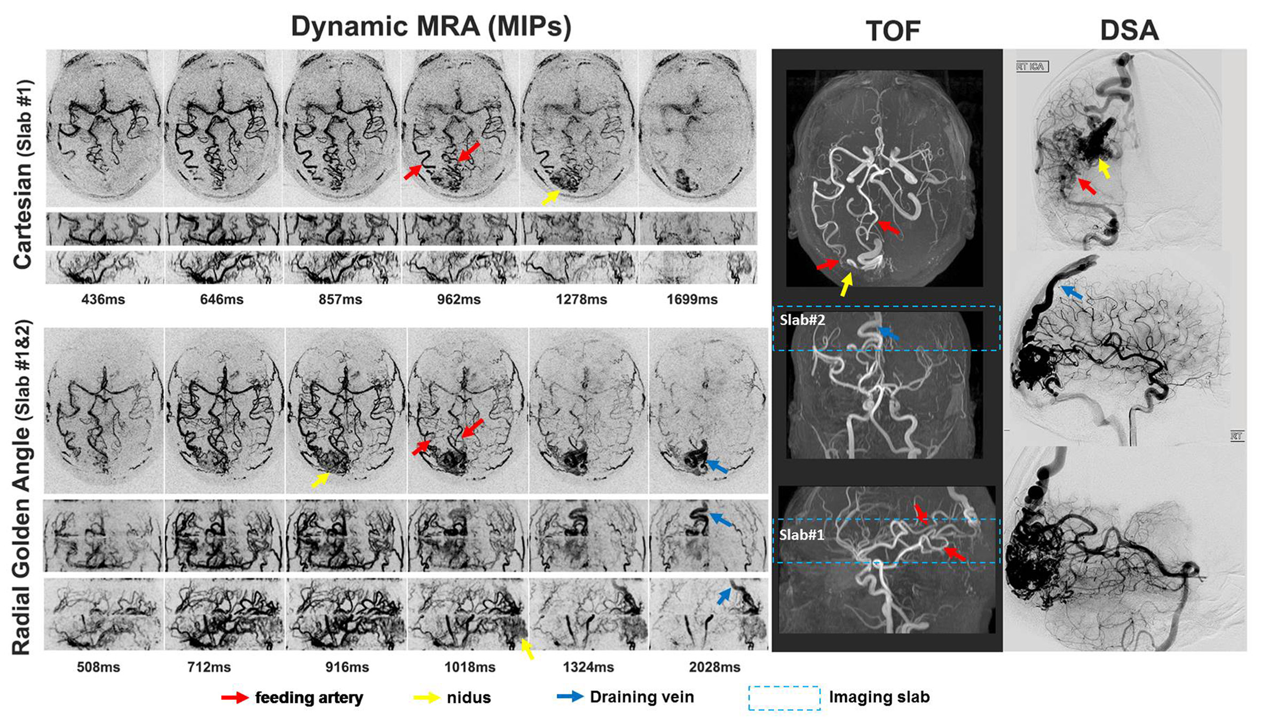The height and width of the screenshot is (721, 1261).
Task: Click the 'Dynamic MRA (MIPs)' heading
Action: pyautogui.click(x=431, y=27)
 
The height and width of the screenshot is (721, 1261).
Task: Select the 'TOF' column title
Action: pyautogui.click(x=893, y=31)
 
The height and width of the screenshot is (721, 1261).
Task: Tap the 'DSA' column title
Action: pyautogui.click(x=1129, y=31)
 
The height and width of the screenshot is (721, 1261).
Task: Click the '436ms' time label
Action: pyautogui.click(x=103, y=299)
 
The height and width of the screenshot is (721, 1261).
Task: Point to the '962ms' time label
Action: pyautogui.click(x=459, y=299)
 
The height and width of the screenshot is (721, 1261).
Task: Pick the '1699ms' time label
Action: pyautogui.click(x=692, y=299)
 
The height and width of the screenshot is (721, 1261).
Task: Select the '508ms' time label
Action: pyautogui.click(x=98, y=667)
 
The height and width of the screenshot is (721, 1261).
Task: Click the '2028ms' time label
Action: pyautogui.click(x=714, y=667)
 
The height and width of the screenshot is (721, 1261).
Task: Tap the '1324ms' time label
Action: pyautogui.click(x=588, y=667)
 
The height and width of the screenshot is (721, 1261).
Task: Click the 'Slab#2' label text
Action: pyautogui.click(x=802, y=320)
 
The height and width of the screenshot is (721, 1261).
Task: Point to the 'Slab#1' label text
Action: pyautogui.click(x=802, y=535)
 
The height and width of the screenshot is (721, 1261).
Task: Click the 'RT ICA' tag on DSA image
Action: pyautogui.click(x=1032, y=67)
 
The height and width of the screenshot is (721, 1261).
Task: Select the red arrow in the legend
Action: pyautogui.click(x=235, y=698)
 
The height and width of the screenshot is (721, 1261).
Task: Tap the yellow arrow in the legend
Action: pyautogui.click(x=427, y=698)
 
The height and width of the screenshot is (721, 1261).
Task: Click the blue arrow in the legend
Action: pyautogui.click(x=570, y=697)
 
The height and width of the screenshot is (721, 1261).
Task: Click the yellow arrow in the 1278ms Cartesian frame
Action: pyautogui.click(x=550, y=197)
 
